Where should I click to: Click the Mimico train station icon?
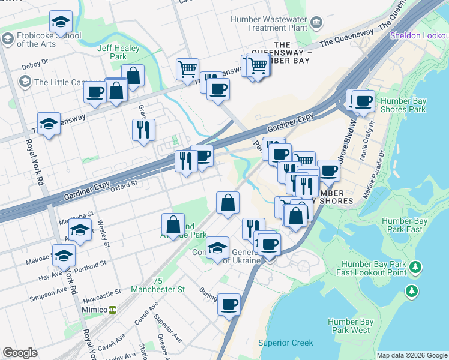[x=112, y=310]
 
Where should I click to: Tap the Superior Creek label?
[x=285, y=343]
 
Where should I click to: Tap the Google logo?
[x=20, y=353]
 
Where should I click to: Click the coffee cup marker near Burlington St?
[x=229, y=304]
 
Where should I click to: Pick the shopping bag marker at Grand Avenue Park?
[x=173, y=225]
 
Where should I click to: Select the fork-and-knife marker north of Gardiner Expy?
[x=143, y=130]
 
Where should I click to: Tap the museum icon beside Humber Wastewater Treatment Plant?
[x=317, y=23]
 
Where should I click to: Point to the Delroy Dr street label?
[x=35, y=63]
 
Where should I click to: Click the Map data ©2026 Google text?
[x=412, y=355]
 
